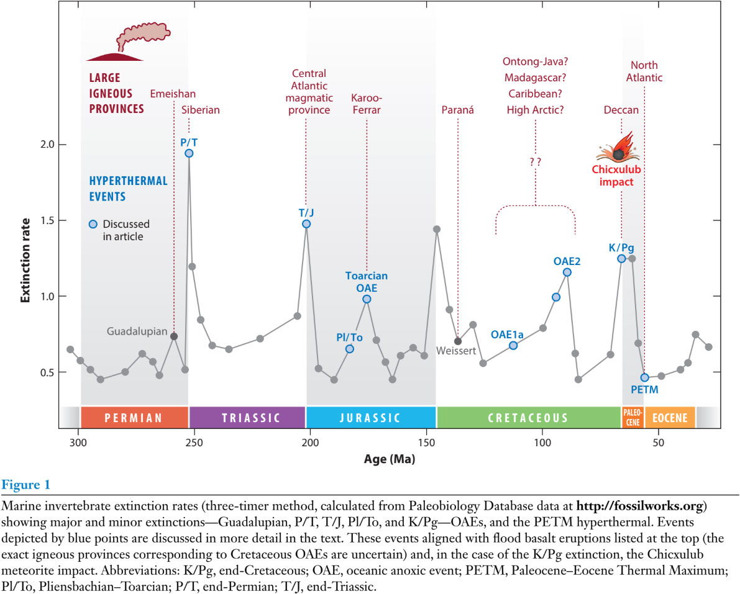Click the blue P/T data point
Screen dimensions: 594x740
[x=189, y=153]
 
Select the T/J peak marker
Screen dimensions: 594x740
[x=306, y=224]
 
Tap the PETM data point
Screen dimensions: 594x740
[x=644, y=377]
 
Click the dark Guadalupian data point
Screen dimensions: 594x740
[x=174, y=336]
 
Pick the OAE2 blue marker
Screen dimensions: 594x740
[x=567, y=272]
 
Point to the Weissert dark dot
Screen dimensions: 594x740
[x=458, y=341]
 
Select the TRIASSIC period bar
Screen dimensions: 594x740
[x=247, y=418]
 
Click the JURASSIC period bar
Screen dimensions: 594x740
[x=371, y=418]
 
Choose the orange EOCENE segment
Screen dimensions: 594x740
[x=670, y=418]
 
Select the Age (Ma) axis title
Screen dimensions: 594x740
[x=390, y=460]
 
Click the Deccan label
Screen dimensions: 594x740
[x=621, y=110]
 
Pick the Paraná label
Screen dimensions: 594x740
[x=457, y=110]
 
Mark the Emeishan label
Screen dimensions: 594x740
[x=173, y=94]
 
